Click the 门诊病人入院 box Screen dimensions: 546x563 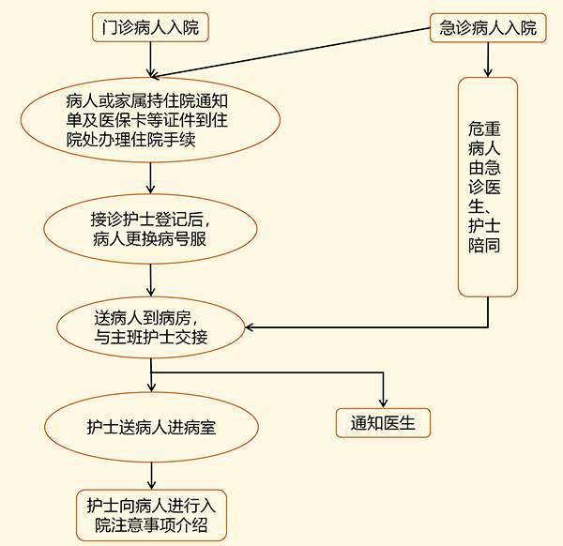(150, 27)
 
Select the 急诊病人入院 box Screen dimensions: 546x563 (488, 27)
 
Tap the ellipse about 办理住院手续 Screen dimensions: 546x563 (150, 113)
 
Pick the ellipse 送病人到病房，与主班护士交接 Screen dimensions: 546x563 (150, 326)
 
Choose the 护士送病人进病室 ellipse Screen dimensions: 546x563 (150, 426)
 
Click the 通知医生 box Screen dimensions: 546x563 (383, 423)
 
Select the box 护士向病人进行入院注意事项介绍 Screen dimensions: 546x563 (150, 514)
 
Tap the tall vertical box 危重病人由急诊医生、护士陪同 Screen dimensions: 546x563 (488, 187)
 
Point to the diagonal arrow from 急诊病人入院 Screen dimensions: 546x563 (300, 53)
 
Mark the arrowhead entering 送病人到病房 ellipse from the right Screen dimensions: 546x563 (251, 327)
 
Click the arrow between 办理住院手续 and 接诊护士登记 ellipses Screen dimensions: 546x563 (150, 177)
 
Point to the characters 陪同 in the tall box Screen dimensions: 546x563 (488, 246)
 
